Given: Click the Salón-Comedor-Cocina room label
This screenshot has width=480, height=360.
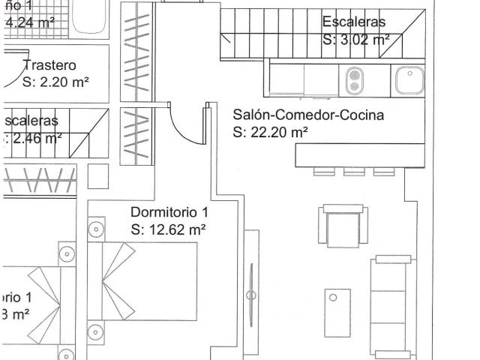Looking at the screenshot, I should pyautogui.click(x=308, y=115).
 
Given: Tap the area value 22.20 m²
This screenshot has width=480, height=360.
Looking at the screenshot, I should pyautogui.click(x=270, y=133).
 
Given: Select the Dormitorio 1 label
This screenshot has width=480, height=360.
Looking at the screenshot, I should pyautogui.click(x=169, y=211).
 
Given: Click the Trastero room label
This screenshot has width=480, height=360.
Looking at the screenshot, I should pyautogui.click(x=49, y=65).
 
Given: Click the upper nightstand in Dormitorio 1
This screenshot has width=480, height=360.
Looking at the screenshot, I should pyautogui.click(x=95, y=228).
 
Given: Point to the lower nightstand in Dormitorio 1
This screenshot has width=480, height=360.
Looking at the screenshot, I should pyautogui.click(x=94, y=331).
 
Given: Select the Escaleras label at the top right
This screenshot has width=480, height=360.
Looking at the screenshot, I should pyautogui.click(x=354, y=22).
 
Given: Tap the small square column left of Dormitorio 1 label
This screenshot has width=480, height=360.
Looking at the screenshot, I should pyautogui.click(x=98, y=175).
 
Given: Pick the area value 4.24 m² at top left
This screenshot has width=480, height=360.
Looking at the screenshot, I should pyautogui.click(x=30, y=22).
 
